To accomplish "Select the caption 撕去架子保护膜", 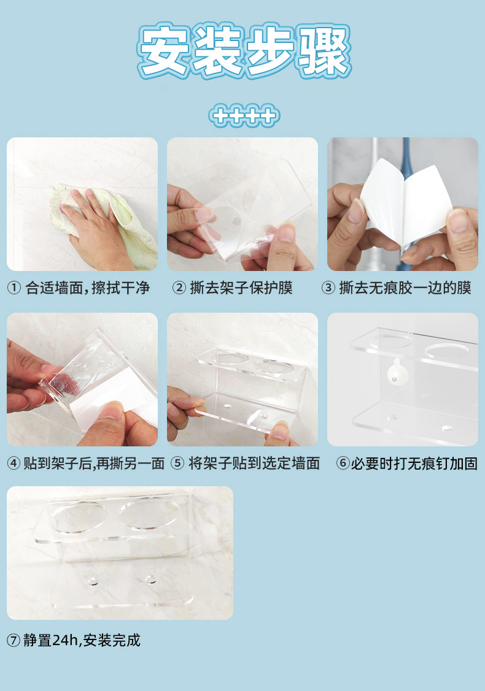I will point(241,288).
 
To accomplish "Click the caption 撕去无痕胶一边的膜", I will point(405,288).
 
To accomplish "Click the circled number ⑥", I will point(343,464).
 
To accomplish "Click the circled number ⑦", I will point(14,641).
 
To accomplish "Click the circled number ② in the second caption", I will point(179,288).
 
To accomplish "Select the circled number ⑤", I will point(177,464).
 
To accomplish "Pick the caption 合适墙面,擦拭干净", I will point(87,288).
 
